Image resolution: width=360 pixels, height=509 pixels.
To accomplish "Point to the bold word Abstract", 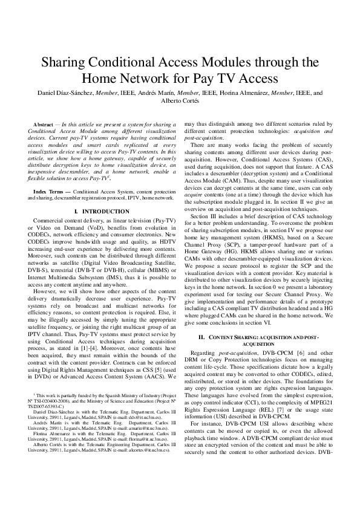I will point(42,124).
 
